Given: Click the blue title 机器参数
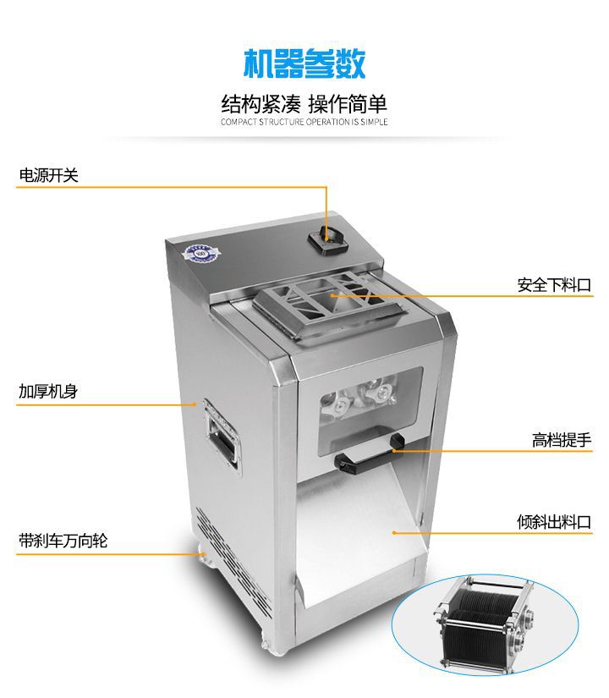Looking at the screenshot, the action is pos(304,63).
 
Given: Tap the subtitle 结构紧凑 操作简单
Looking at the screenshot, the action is pos(304,104).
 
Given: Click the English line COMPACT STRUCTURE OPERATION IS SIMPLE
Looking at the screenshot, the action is pos(304,122).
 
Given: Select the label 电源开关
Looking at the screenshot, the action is pos(48,175).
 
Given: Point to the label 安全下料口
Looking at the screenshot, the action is pos(554,285).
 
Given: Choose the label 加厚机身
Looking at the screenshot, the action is pos(48,391).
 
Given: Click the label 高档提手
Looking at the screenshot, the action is pos(562,440).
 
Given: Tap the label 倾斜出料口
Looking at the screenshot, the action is pos(554,522).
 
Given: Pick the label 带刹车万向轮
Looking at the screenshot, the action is pos(63,541).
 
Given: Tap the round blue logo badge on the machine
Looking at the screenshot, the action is pos(200,253).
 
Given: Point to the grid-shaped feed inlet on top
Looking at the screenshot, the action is pos(329,302).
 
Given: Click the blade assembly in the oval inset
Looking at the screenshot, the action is pos(484,623).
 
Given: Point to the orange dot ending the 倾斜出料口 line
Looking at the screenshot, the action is pos(394,532).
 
